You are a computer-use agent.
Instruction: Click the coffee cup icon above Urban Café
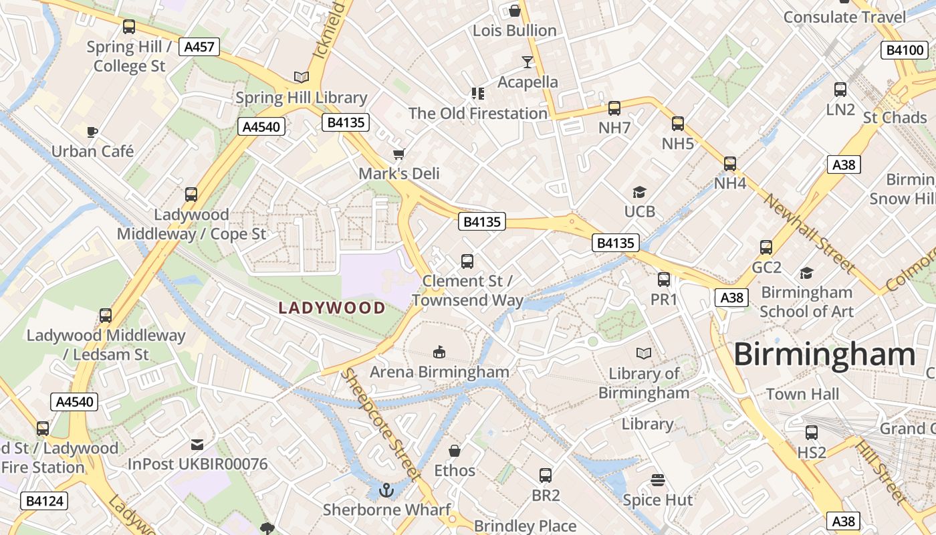tap(92, 132)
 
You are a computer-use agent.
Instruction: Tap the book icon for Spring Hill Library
tap(302, 78)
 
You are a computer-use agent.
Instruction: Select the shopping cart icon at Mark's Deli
tap(399, 154)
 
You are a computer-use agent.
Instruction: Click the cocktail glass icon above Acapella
tap(528, 62)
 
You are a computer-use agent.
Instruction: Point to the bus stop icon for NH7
tap(614, 108)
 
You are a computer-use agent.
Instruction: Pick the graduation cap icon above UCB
tap(639, 193)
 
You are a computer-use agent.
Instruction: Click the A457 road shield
tap(200, 47)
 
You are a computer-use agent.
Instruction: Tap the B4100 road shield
tap(905, 50)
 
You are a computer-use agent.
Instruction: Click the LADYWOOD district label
tap(332, 308)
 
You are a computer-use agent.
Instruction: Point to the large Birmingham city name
tap(824, 354)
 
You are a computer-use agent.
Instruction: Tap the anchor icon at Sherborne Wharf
tap(386, 491)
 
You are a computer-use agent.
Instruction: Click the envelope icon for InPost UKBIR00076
tap(197, 445)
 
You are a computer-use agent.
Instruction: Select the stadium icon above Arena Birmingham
tap(439, 352)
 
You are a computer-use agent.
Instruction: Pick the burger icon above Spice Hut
tap(658, 480)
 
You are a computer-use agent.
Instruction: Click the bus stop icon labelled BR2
tap(546, 475)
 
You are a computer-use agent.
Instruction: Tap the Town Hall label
tap(802, 394)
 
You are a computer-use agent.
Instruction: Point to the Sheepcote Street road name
tap(379, 424)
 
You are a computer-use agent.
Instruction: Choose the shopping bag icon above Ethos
tap(455, 451)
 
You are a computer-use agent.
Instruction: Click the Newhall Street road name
tap(809, 234)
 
